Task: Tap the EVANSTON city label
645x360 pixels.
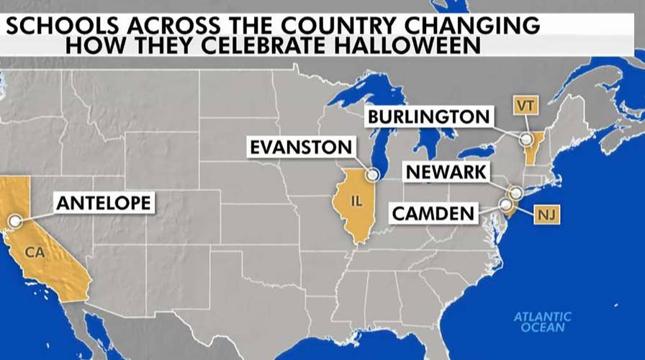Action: pyautogui.click(x=301, y=148)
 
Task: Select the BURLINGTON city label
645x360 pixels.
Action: pyautogui.click(x=428, y=116)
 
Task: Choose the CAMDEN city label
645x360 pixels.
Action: pyautogui.click(x=433, y=213)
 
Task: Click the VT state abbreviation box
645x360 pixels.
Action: pyautogui.click(x=523, y=105)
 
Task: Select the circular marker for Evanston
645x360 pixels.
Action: pyautogui.click(x=372, y=174)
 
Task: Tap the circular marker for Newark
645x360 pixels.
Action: pyautogui.click(x=515, y=192)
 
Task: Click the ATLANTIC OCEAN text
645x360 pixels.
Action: pyautogui.click(x=543, y=322)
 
